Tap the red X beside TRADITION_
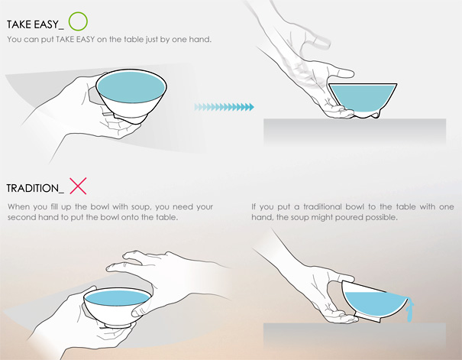(78, 186)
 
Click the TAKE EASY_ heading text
(35, 24)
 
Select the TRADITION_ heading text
(35, 188)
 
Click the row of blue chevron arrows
(224, 107)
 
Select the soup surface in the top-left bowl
(131, 87)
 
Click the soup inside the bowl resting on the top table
(363, 97)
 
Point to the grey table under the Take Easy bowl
(354, 131)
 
